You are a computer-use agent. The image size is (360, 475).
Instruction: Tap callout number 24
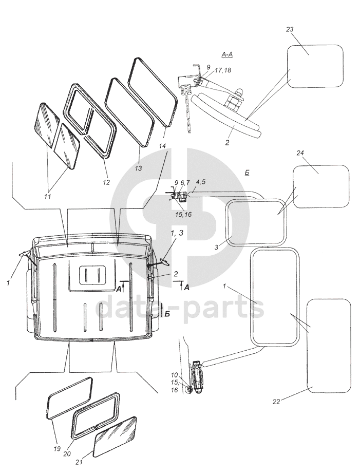[300, 153]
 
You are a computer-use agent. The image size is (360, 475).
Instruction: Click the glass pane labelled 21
[116, 436]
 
